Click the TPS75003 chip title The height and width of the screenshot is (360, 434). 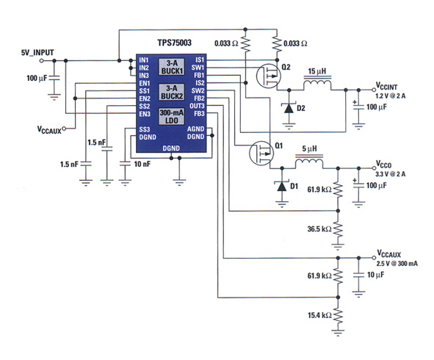[174, 43]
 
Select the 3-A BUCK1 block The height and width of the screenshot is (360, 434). [172, 67]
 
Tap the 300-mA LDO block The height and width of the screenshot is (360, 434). [172, 117]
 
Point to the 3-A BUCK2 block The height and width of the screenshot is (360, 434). [172, 92]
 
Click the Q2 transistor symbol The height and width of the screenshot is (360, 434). [269, 76]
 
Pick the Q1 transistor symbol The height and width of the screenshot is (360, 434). [261, 153]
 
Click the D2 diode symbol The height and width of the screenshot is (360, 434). [289, 108]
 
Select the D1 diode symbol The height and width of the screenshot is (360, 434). [282, 187]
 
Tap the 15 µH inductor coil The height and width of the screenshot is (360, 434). [317, 83]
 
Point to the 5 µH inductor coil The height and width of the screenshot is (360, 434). [309, 162]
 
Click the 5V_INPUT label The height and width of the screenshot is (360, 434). [37, 52]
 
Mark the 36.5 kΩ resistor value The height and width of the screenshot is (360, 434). [319, 229]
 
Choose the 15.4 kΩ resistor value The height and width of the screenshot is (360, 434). [319, 315]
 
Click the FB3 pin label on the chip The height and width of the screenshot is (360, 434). [199, 114]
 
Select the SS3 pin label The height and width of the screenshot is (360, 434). [145, 129]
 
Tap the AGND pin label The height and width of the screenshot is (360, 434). [195, 129]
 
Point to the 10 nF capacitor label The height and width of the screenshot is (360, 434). [142, 165]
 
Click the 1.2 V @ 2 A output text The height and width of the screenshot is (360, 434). [390, 96]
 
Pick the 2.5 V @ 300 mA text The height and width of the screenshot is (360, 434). [397, 263]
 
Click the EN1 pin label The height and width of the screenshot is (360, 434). [145, 83]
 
